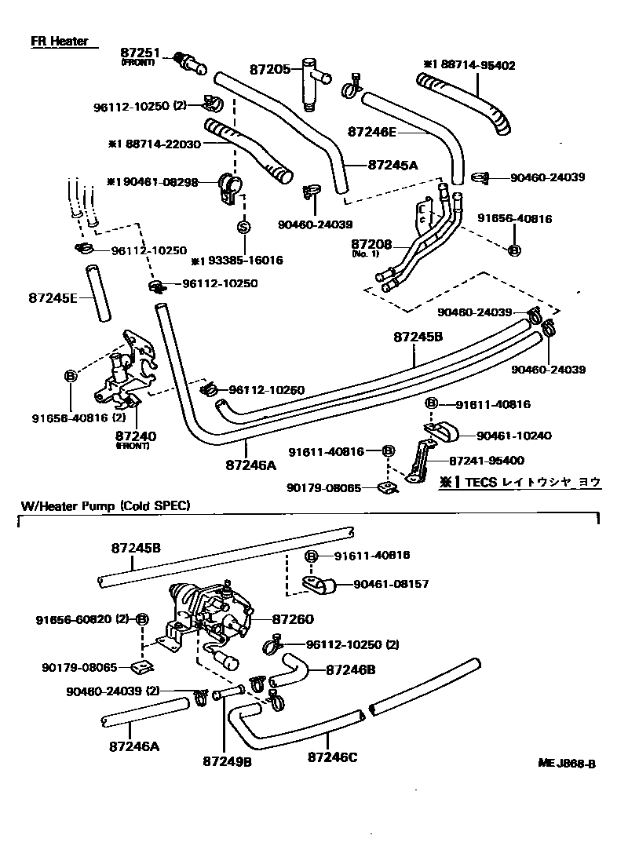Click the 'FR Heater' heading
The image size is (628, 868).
pyautogui.click(x=59, y=41)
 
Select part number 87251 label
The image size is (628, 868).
pyautogui.click(x=140, y=53)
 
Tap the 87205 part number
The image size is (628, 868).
pyautogui.click(x=270, y=69)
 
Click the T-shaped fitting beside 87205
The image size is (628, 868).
pyautogui.click(x=313, y=82)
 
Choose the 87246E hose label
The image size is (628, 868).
pyautogui.click(x=372, y=132)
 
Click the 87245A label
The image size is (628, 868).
pyautogui.click(x=392, y=164)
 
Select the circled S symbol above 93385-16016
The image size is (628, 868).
pyautogui.click(x=243, y=226)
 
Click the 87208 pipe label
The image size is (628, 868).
pyautogui.click(x=371, y=243)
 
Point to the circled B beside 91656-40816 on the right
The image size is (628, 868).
pyautogui.click(x=514, y=250)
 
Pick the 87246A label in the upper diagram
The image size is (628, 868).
pyautogui.click(x=250, y=465)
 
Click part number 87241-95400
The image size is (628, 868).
pyautogui.click(x=486, y=461)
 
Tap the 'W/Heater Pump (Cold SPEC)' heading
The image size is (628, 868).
pyautogui.click(x=105, y=505)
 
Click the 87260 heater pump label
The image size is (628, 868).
pyautogui.click(x=293, y=619)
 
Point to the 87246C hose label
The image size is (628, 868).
pyautogui.click(x=332, y=757)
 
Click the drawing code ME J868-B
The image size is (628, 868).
pyautogui.click(x=567, y=764)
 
